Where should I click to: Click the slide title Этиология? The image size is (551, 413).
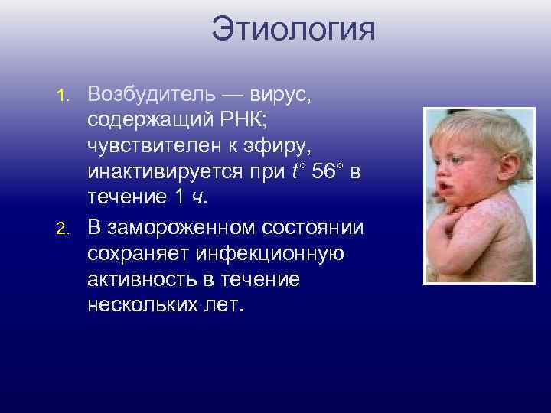(294, 31)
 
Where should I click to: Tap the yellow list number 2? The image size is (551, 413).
(67, 227)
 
